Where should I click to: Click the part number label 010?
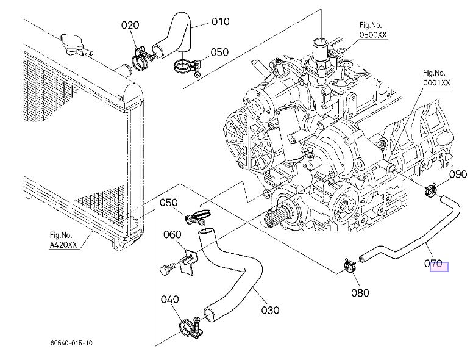pyautogui.click(x=220, y=21)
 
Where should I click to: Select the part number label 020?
pyautogui.click(x=130, y=25)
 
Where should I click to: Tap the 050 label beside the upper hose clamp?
pyautogui.click(x=220, y=52)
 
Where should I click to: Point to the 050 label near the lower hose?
pyautogui.click(x=169, y=203)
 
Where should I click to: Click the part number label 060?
pyautogui.click(x=172, y=234)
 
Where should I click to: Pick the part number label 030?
pyautogui.click(x=270, y=310)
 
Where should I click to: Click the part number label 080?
pyautogui.click(x=360, y=292)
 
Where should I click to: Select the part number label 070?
pyautogui.click(x=433, y=264)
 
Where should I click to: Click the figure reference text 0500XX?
pyautogui.click(x=374, y=35)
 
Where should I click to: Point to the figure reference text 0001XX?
pyautogui.click(x=436, y=82)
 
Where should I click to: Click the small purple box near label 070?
pyautogui.click(x=439, y=267)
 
